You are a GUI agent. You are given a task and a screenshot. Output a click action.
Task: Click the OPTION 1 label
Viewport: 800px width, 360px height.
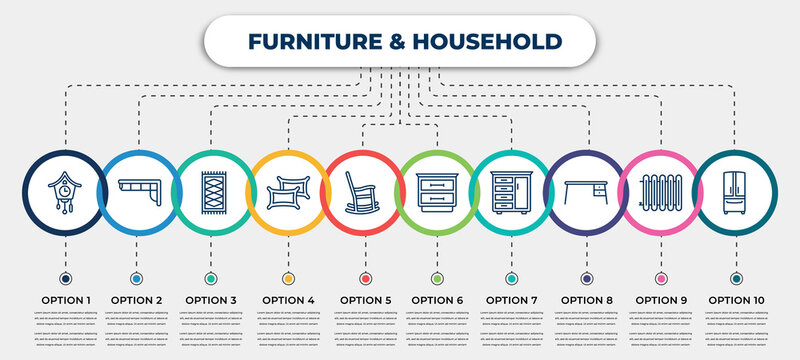pyautogui.click(x=64, y=299)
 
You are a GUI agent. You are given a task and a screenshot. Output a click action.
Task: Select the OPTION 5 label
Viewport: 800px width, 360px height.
pyautogui.click(x=364, y=299)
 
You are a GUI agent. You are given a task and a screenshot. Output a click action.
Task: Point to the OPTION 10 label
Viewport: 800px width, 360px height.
pyautogui.click(x=737, y=299)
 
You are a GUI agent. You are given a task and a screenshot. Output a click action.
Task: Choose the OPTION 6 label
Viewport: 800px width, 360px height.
pyautogui.click(x=438, y=299)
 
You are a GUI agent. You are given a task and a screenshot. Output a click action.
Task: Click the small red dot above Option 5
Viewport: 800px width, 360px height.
pyautogui.click(x=364, y=278)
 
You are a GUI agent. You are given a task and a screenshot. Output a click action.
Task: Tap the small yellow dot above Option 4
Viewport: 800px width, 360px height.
pyautogui.click(x=288, y=278)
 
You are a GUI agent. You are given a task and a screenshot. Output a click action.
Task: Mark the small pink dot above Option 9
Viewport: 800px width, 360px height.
pyautogui.click(x=661, y=278)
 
